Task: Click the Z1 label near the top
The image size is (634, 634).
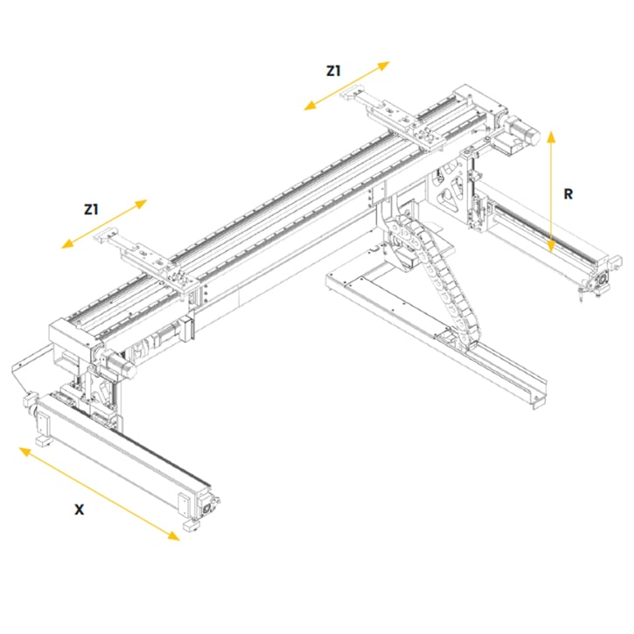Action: click(x=333, y=71)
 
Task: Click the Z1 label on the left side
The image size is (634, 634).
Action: click(x=91, y=210)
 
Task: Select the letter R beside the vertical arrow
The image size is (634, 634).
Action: click(x=568, y=194)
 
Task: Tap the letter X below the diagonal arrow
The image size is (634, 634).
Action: click(x=80, y=510)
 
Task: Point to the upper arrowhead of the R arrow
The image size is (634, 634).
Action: click(x=551, y=136)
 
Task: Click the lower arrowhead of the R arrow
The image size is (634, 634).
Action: click(x=551, y=247)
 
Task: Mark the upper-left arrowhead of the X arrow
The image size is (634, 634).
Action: click(x=25, y=451)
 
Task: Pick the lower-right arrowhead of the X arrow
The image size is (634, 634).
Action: click(x=173, y=535)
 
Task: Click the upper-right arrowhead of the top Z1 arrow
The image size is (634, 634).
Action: click(x=383, y=65)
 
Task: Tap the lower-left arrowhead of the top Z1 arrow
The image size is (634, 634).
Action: click(x=310, y=107)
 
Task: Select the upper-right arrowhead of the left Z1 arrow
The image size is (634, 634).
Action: click(x=141, y=203)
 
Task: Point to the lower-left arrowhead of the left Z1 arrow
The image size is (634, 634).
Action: click(x=67, y=244)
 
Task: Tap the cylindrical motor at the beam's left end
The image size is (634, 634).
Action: click(x=118, y=363)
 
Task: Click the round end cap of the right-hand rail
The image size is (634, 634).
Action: click(x=602, y=279)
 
